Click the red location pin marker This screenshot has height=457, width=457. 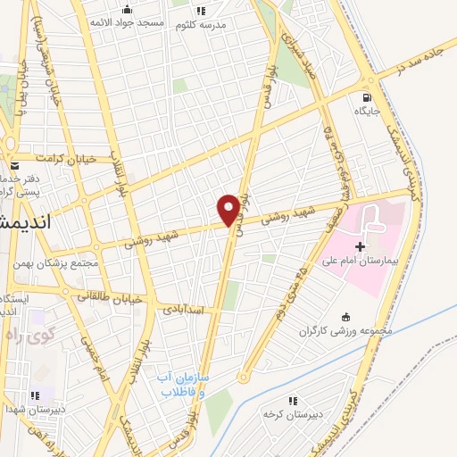(x=228, y=210)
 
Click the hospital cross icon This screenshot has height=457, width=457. (x=360, y=245)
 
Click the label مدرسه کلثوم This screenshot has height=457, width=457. (x=203, y=24)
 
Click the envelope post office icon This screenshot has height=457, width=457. (x=14, y=166)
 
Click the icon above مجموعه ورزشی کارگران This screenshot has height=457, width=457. (x=347, y=317)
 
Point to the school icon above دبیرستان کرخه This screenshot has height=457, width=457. (x=291, y=401)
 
